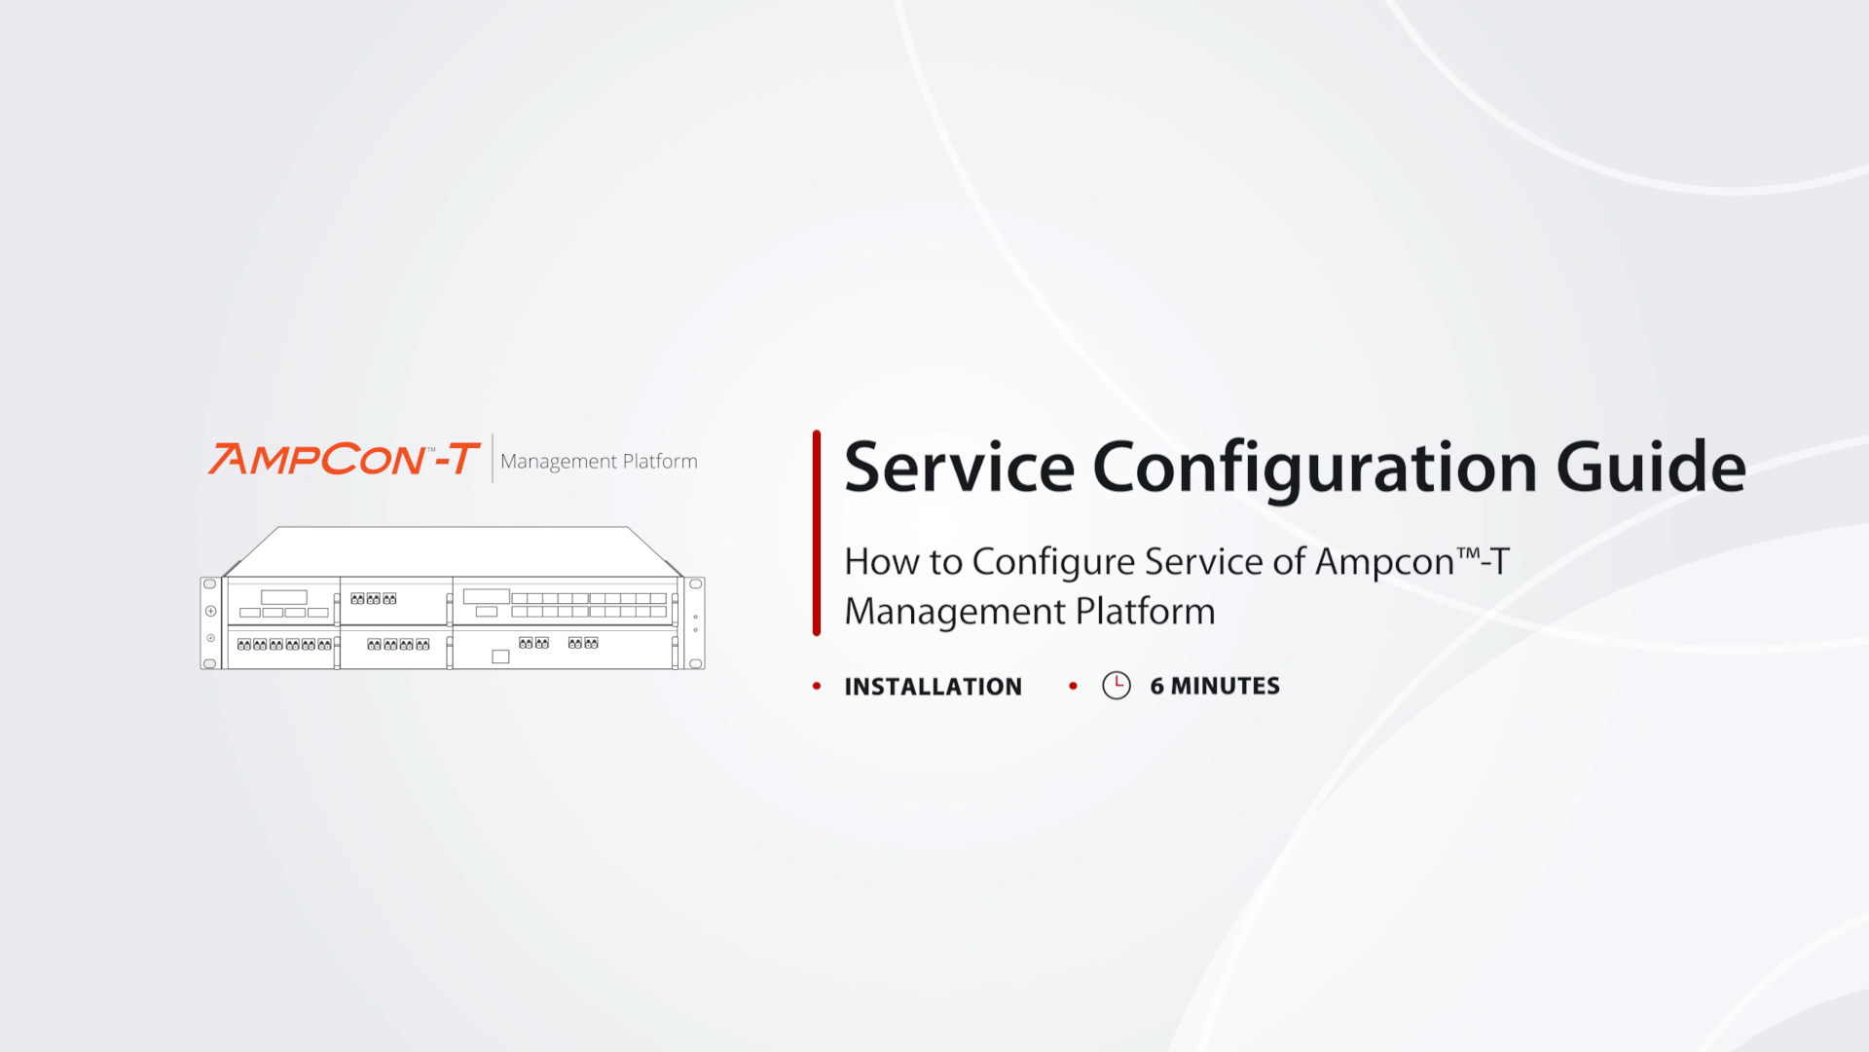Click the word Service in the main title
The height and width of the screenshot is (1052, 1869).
(x=959, y=468)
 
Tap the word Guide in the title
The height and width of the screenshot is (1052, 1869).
(x=1651, y=468)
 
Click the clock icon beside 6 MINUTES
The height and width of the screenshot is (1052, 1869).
(x=1117, y=686)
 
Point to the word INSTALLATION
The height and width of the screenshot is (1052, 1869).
(x=934, y=687)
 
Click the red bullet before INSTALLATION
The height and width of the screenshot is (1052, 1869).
(x=817, y=687)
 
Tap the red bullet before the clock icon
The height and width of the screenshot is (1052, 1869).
(x=1073, y=687)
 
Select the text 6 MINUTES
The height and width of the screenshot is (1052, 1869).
(x=1215, y=686)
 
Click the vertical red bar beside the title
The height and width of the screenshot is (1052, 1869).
(x=817, y=533)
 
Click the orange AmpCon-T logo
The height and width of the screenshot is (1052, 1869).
(x=344, y=459)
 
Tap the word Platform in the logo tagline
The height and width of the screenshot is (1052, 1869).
(x=660, y=461)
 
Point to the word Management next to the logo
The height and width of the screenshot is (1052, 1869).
(x=559, y=462)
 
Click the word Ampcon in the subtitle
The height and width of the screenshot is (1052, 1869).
(x=1384, y=563)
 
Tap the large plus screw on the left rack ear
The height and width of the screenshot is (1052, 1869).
(x=210, y=611)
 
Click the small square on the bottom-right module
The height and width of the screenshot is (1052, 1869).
(x=500, y=657)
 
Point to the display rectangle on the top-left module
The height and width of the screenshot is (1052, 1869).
(x=284, y=597)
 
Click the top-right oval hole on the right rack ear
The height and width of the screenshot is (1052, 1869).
(x=696, y=584)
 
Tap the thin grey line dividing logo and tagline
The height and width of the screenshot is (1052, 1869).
(x=493, y=458)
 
